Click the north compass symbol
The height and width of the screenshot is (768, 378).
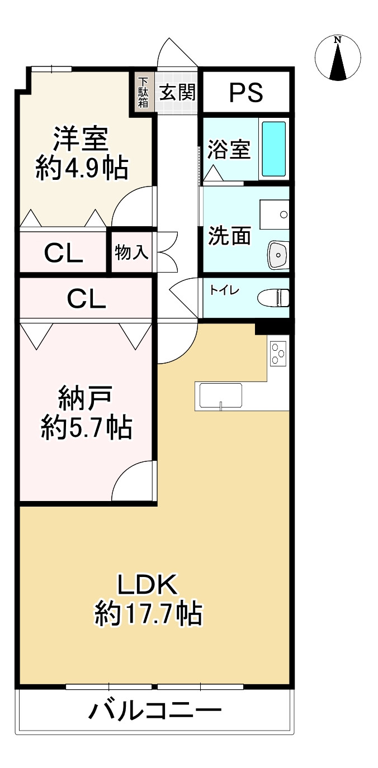(x=338, y=58)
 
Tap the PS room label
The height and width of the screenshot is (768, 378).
(x=246, y=93)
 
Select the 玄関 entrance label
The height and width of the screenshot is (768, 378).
(x=177, y=92)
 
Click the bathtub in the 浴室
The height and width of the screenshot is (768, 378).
(x=273, y=149)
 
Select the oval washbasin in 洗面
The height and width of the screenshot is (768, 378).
(x=278, y=255)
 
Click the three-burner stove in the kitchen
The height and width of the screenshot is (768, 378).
(x=278, y=354)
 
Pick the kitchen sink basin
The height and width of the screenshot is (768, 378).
(x=221, y=395)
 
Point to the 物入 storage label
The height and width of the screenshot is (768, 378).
(x=131, y=252)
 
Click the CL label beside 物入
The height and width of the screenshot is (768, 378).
(x=64, y=253)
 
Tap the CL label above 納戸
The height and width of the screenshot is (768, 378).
(x=86, y=298)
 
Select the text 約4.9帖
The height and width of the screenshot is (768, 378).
(x=82, y=168)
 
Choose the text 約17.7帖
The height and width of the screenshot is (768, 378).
(x=148, y=614)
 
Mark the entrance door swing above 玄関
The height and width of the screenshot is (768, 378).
(x=177, y=52)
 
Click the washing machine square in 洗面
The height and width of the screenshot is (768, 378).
(x=275, y=214)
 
